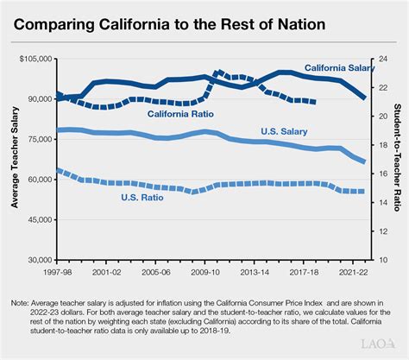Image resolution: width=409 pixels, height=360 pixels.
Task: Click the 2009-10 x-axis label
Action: tap(204, 270)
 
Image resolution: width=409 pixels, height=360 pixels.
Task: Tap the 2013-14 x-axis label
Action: tap(254, 270)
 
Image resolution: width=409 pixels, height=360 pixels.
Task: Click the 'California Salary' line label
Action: tap(337, 68)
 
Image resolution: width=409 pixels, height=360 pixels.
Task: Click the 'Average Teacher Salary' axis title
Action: tap(15, 160)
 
